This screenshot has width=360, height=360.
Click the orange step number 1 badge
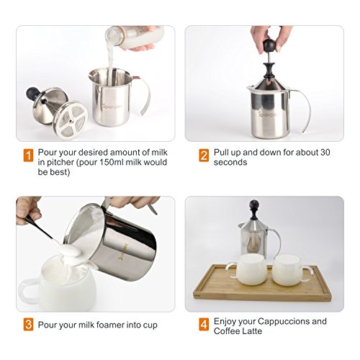pos(28,156)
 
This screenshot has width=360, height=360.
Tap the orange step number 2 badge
pos(204,156)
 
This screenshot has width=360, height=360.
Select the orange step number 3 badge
pos(28,325)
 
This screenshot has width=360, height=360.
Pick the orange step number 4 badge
pos(204,325)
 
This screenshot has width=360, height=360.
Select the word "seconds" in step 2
pos(230,163)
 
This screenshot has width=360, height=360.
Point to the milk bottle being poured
pos(135,37)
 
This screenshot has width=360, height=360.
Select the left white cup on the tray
pos(248,269)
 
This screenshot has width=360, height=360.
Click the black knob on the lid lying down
pos(32,93)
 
